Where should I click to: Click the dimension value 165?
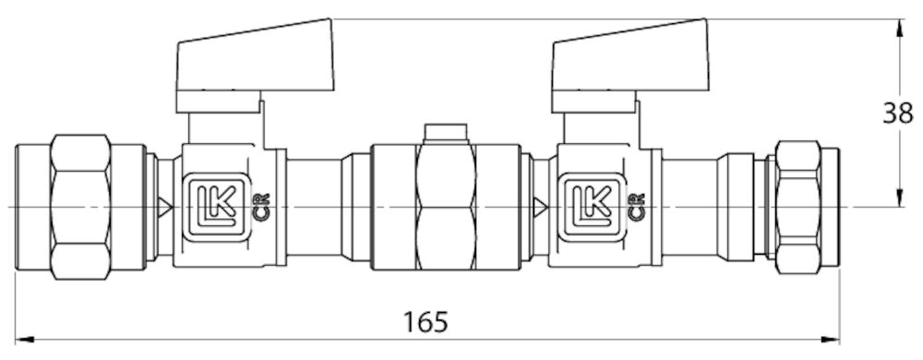[425, 322]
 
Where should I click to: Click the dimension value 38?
[898, 113]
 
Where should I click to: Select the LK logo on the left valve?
[216, 207]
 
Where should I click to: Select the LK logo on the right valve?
[591, 207]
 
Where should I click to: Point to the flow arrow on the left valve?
[165, 207]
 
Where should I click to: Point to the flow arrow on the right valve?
[540, 207]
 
